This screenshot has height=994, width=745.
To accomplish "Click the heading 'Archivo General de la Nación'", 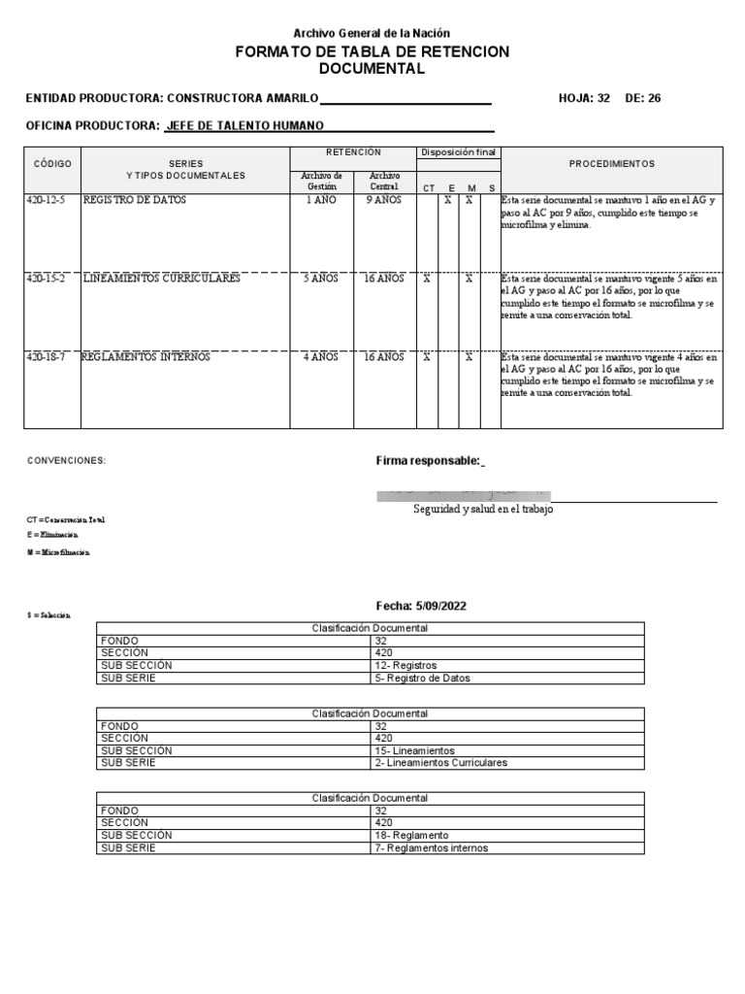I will [x=372, y=33].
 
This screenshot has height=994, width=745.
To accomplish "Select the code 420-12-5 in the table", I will [x=45, y=200].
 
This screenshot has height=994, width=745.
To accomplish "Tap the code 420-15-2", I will [x=45, y=279].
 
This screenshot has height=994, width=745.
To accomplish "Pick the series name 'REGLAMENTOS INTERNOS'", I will [x=146, y=357].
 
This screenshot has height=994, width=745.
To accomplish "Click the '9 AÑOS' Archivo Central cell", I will [x=383, y=200].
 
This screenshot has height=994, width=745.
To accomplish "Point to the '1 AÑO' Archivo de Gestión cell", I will [x=322, y=200].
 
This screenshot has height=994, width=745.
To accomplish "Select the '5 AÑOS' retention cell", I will [x=321, y=279].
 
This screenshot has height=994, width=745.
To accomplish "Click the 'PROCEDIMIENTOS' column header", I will [x=611, y=164].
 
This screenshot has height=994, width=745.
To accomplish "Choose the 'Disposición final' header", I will [x=458, y=152].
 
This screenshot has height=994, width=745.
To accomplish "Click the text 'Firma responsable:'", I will [x=428, y=460].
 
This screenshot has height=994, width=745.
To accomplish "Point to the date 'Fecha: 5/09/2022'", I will [x=421, y=606].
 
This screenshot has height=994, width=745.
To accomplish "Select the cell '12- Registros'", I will [x=405, y=666].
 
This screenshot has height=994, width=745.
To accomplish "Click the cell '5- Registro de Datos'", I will [x=422, y=679].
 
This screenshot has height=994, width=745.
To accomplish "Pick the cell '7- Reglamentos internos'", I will [x=431, y=847].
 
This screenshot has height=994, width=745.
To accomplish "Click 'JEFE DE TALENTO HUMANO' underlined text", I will [x=245, y=125].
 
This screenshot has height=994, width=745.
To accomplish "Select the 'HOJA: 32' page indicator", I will [x=584, y=98].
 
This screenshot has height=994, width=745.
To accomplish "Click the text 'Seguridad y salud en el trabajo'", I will [x=483, y=510].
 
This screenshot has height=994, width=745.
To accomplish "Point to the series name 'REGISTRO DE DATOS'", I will [x=135, y=200].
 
